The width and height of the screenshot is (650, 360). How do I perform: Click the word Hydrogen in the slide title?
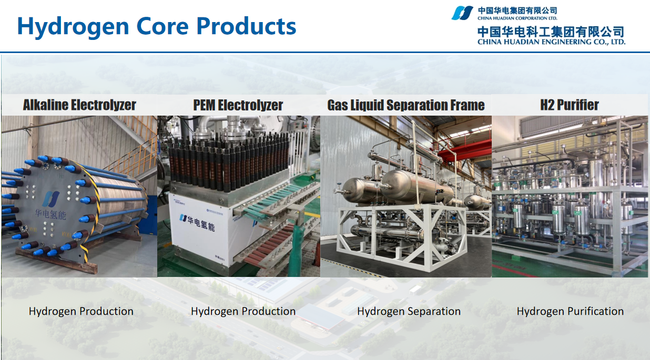(73, 27)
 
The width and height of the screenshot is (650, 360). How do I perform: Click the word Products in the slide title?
(246, 26)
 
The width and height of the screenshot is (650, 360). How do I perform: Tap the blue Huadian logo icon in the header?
(462, 13)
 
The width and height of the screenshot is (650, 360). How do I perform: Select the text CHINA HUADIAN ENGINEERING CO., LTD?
(551, 42)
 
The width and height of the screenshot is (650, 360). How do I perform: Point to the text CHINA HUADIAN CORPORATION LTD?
(517, 18)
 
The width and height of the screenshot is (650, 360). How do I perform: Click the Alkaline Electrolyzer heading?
(79, 105)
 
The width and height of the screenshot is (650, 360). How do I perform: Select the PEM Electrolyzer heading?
(238, 105)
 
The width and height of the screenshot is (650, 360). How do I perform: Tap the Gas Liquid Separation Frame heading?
(406, 105)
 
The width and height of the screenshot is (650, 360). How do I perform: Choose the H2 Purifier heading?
(570, 105)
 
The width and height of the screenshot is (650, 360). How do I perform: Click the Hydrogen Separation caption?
(409, 311)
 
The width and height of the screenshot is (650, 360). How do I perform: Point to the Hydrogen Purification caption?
(570, 311)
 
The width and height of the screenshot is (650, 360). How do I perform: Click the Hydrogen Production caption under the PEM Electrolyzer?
(243, 311)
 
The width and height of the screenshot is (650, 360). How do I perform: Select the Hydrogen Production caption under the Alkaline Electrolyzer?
(81, 311)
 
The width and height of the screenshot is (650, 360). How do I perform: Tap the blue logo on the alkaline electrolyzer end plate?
(51, 199)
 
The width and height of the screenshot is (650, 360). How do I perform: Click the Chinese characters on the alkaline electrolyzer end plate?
(50, 214)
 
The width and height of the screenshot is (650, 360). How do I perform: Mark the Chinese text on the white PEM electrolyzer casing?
(201, 223)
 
